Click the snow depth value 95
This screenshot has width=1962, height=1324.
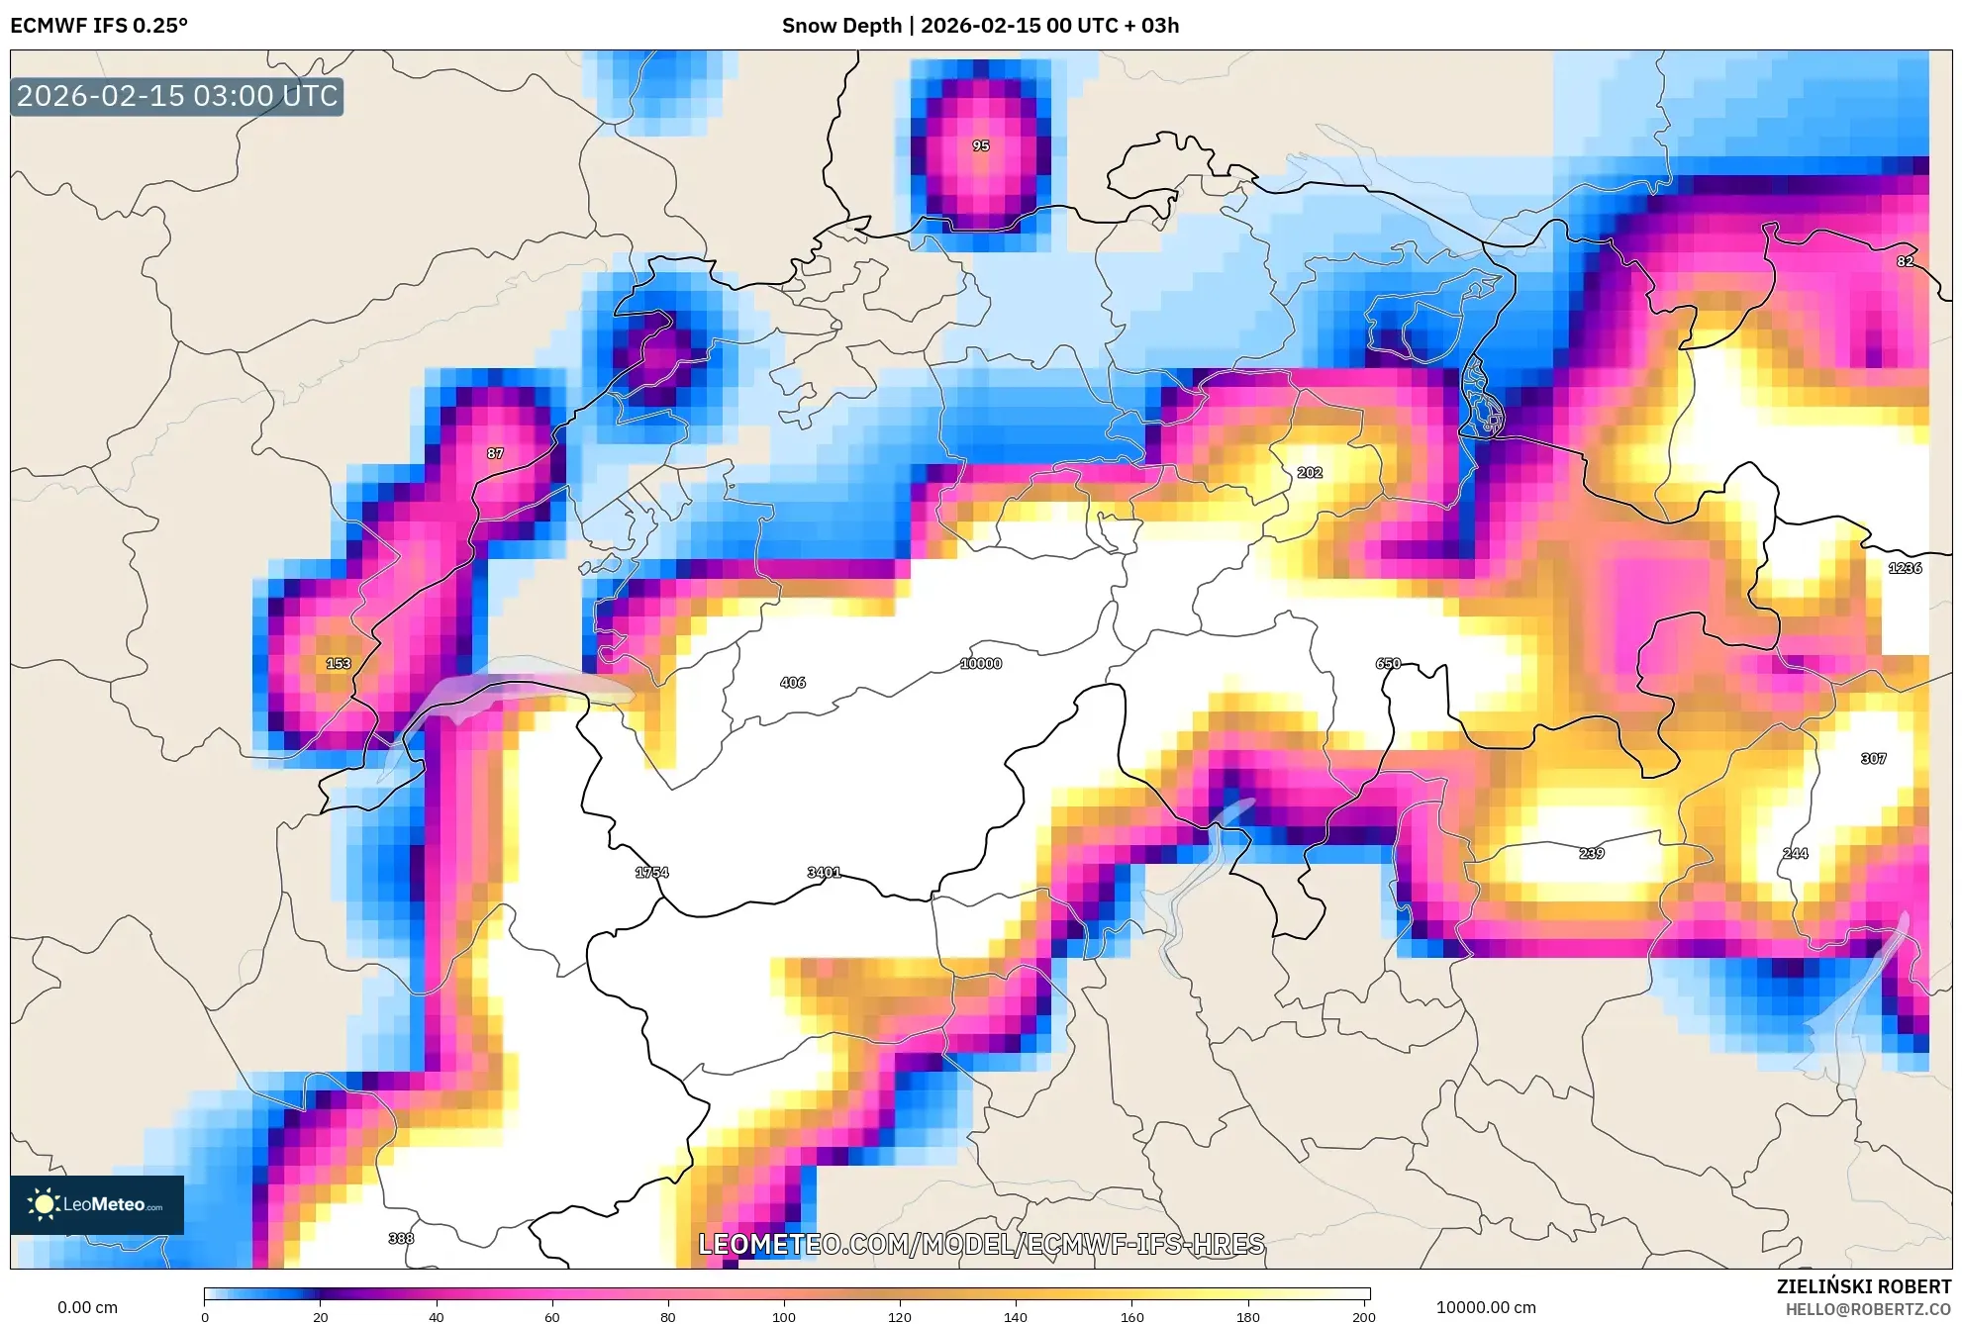pos(980,145)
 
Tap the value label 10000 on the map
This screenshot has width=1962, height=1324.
pos(980,663)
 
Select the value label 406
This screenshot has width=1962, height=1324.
pos(792,682)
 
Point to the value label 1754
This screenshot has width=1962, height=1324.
pos(651,872)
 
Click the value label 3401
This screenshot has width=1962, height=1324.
pos(824,872)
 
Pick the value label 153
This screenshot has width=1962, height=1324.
pos(339,663)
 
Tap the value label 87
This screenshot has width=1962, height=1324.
pos(495,453)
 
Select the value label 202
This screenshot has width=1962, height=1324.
pos(1309,472)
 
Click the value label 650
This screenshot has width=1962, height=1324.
pos(1388,663)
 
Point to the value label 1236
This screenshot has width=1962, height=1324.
pos(1905,567)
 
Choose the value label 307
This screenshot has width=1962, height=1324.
pos(1873,758)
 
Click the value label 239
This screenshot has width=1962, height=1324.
pos(1591,853)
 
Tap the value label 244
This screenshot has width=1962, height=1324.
pos(1795,853)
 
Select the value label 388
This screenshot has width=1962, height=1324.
pos(401,1238)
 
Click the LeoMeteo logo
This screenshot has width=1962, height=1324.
pos(97,1204)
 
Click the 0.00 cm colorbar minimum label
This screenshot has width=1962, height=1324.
pos(87,1307)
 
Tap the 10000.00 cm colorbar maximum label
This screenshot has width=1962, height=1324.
pos(1486,1307)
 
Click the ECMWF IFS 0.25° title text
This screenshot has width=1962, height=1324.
pos(99,26)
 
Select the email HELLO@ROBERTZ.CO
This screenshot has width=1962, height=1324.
pos(1868,1309)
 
